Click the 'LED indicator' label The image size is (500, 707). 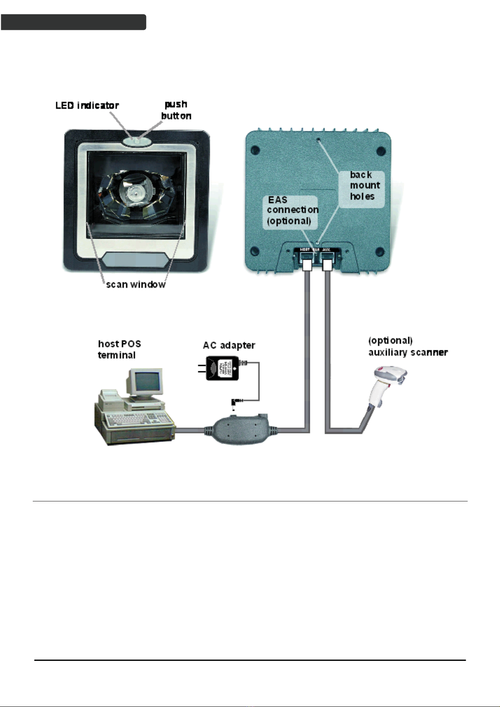coord(87,105)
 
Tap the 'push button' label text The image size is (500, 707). coord(176,110)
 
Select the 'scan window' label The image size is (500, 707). coord(136,284)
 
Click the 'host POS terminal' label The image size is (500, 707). coord(119,350)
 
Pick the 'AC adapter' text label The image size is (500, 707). coord(229,345)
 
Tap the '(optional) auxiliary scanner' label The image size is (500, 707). coord(408,347)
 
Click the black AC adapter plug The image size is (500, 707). coord(223,368)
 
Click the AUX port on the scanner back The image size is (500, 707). coord(327,260)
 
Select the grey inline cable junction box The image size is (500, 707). coord(241,429)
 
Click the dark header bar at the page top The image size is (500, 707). coord(73,22)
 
